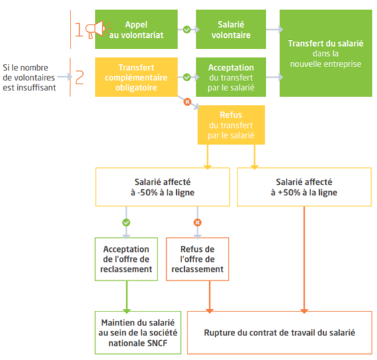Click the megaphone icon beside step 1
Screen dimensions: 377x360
click(x=97, y=29)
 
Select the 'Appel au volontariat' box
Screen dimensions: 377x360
click(x=136, y=29)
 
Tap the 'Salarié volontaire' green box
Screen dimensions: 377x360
click(x=231, y=29)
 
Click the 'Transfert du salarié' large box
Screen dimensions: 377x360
click(x=326, y=53)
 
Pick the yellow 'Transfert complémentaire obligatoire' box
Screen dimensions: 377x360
click(x=136, y=77)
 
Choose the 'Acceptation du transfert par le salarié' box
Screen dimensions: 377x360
click(x=231, y=77)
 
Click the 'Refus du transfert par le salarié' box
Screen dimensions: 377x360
click(x=231, y=125)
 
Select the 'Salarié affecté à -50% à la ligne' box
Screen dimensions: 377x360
click(x=162, y=187)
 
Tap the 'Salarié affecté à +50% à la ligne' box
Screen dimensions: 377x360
click(x=304, y=187)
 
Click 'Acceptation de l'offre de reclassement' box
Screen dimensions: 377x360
click(x=126, y=259)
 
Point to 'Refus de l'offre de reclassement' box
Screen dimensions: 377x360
click(x=197, y=259)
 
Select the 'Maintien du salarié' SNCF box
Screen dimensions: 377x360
click(x=138, y=333)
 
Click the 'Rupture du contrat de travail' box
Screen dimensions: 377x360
click(x=280, y=333)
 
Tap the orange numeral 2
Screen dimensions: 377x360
click(x=79, y=77)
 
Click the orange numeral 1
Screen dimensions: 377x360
click(x=79, y=29)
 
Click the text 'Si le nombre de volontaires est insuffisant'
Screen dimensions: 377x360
click(x=29, y=77)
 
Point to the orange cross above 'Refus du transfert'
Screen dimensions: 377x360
click(x=188, y=102)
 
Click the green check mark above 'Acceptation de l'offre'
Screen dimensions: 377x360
click(x=126, y=223)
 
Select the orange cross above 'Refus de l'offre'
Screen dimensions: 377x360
click(x=197, y=223)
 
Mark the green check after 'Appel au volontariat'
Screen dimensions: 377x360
click(x=187, y=29)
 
